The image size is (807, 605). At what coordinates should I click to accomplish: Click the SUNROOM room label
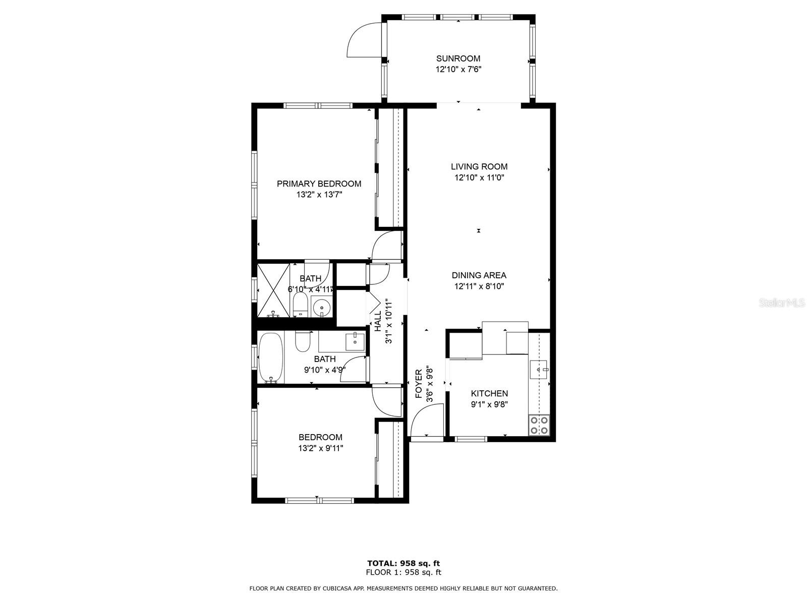pos(458,58)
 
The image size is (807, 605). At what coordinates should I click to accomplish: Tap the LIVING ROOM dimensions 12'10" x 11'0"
pos(479,177)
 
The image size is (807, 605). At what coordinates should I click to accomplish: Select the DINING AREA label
pos(479,275)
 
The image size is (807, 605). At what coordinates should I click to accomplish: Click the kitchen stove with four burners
pos(539,425)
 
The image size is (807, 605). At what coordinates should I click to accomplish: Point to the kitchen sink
pos(539,370)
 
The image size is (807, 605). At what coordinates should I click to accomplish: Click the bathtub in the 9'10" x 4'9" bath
pos(271,357)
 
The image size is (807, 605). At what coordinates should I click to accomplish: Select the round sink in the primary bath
pos(321,306)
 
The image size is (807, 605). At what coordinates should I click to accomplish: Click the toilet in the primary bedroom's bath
pos(300,304)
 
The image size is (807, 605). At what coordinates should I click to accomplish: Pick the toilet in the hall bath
pos(303,341)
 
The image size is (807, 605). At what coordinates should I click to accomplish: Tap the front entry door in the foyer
pos(427,420)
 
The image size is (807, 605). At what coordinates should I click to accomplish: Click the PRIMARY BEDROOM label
pos(319,184)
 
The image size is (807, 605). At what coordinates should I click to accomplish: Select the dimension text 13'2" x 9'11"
pos(320,448)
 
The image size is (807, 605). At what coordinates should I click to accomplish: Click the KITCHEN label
pos(489,393)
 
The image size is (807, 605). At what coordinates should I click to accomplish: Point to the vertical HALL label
pos(378,321)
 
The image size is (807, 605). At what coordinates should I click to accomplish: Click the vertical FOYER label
pos(419,384)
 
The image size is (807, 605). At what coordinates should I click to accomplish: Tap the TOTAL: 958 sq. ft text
pos(403,563)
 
